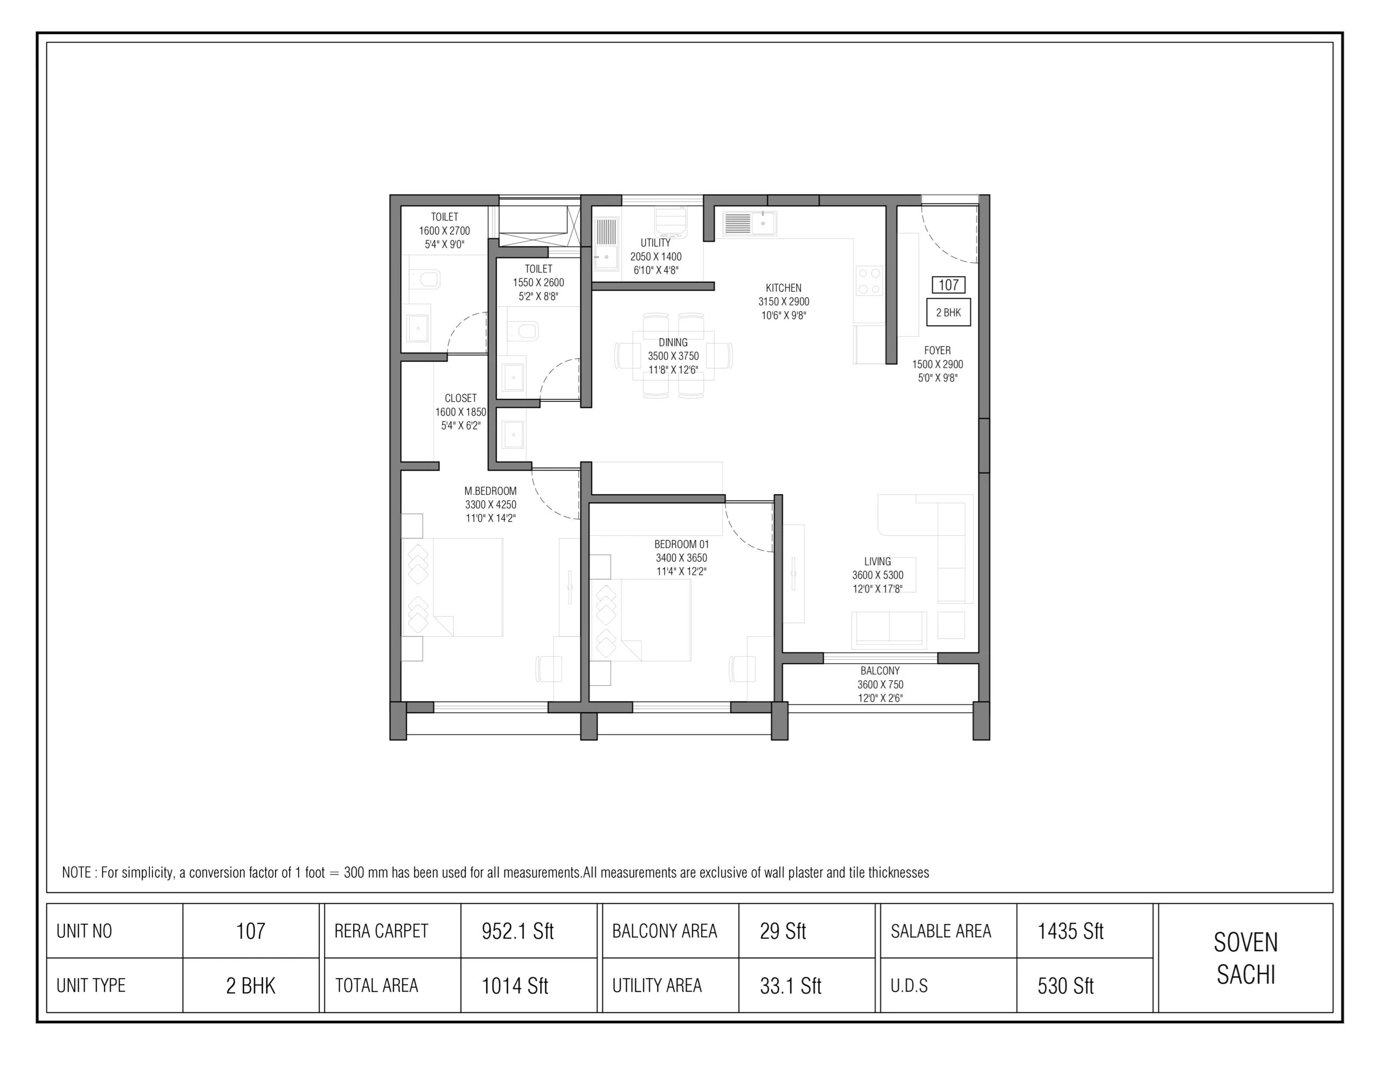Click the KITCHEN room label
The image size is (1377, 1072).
pos(783,288)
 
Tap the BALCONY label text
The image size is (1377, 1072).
pos(880,670)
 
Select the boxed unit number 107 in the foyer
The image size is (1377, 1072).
pos(948,285)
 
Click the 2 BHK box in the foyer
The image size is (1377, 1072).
pos(948,312)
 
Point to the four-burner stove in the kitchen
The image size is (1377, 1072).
pos(869,281)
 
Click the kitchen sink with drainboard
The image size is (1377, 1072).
pos(749,223)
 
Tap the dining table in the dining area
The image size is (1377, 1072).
pos(673,356)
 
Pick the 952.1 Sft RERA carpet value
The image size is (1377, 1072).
pos(517,931)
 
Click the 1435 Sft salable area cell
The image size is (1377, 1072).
pos(1070,931)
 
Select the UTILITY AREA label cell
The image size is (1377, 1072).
pos(656,986)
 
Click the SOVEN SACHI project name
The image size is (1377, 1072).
pos(1245,958)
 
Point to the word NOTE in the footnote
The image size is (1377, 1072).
pos(76,873)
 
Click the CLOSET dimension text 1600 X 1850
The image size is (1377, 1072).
pos(460,412)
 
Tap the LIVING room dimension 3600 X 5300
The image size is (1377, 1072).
pos(877,575)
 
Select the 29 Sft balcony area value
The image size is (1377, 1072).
pos(783,931)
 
